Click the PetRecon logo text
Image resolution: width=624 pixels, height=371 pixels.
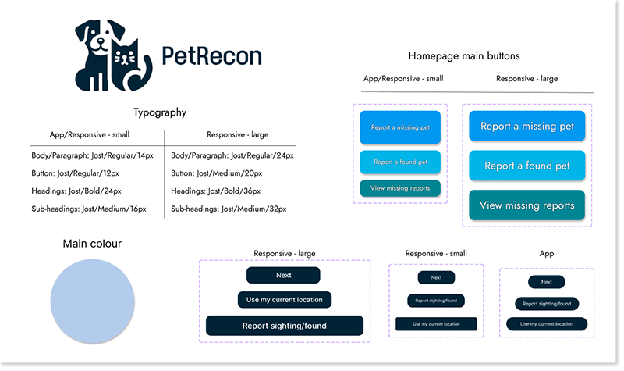click(211, 55)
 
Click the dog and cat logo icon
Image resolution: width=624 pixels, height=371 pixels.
click(114, 55)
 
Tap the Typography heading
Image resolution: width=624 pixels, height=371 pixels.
click(160, 112)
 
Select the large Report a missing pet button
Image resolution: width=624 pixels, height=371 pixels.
click(527, 127)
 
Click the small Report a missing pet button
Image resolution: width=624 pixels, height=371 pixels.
click(400, 127)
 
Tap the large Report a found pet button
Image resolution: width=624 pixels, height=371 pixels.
click(527, 166)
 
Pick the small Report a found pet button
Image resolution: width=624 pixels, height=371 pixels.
click(400, 162)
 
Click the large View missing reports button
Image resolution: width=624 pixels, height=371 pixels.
click(527, 205)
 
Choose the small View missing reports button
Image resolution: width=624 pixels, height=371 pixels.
click(400, 188)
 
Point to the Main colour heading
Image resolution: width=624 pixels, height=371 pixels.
click(92, 244)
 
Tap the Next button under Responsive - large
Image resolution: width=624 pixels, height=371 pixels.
click(283, 275)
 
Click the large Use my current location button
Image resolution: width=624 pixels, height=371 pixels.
click(284, 300)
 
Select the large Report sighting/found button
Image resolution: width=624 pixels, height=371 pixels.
click(285, 326)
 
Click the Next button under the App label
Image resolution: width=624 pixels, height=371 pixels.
click(547, 283)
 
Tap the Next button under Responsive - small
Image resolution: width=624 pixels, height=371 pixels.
click(436, 277)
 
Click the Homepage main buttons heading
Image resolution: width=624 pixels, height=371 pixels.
click(463, 56)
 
